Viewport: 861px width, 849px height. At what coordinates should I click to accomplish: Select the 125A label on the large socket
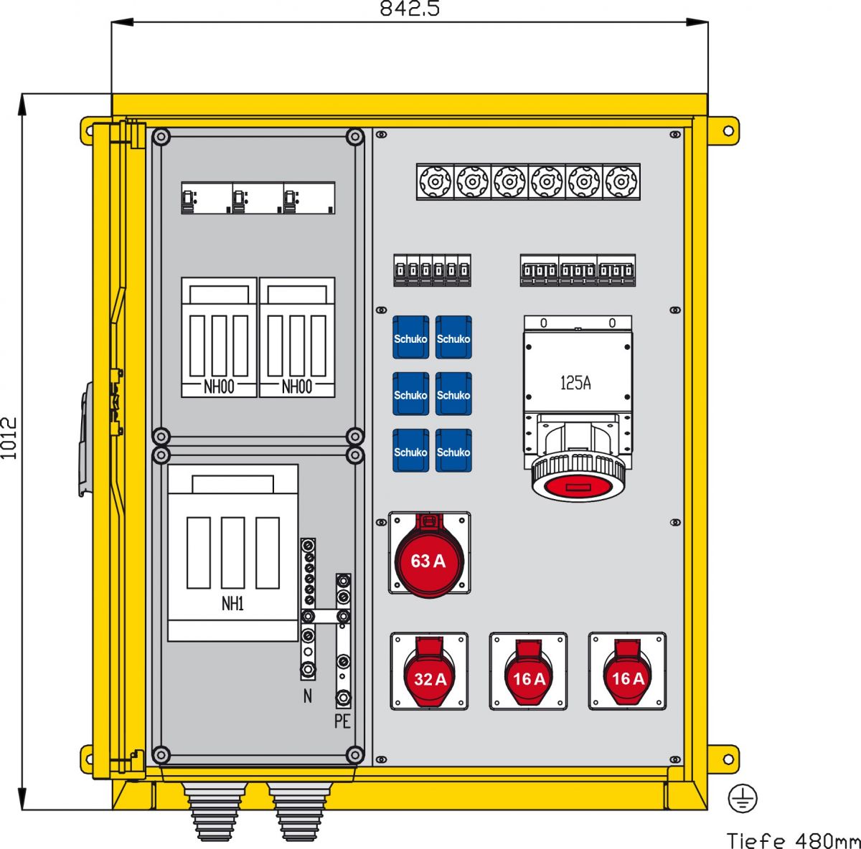click(575, 383)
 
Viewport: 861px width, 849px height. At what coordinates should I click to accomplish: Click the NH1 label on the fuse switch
click(232, 604)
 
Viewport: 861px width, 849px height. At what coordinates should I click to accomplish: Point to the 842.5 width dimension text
click(410, 9)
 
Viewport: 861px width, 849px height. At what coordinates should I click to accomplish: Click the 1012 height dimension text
click(9, 438)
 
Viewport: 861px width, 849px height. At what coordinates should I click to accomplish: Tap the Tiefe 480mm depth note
click(793, 840)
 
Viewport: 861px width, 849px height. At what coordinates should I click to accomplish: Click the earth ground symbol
click(743, 798)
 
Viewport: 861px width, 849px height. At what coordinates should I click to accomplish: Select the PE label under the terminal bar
click(342, 721)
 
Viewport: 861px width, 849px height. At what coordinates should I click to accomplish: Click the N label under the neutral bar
click(308, 696)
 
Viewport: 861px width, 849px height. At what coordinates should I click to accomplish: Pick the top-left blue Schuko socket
click(410, 338)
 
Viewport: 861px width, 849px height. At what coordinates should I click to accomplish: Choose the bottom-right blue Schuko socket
click(453, 452)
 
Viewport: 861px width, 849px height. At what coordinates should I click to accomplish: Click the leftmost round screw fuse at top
click(435, 181)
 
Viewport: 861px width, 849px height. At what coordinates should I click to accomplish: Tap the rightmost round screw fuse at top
click(621, 181)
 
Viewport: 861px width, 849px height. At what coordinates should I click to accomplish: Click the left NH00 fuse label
click(218, 387)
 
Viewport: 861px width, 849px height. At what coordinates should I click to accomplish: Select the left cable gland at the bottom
click(215, 810)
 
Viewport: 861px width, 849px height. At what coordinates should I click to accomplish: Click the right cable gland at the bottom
click(301, 810)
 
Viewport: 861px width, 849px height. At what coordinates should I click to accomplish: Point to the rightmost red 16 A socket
click(628, 674)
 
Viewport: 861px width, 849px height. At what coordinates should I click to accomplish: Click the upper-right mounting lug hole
click(729, 131)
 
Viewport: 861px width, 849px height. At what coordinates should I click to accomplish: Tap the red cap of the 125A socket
click(578, 486)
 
